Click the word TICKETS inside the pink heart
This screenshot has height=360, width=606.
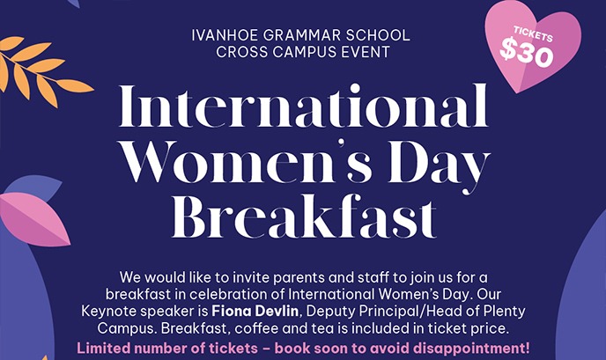pyautogui.click(x=528, y=36)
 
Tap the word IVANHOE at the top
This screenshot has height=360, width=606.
pyautogui.click(x=221, y=35)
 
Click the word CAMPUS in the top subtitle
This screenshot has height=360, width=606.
pyautogui.click(x=303, y=52)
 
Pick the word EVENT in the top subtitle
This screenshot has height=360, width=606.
pyautogui.click(x=365, y=52)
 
